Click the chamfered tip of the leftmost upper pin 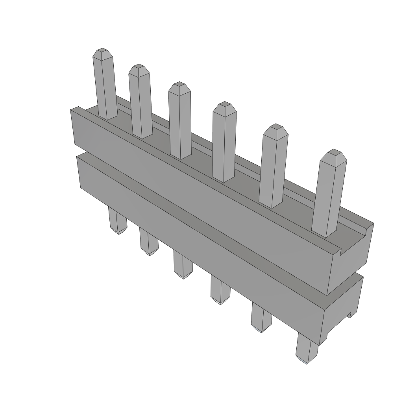pos(102,52)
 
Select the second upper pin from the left pos(140,102)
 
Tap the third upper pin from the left pos(180,122)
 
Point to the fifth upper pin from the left pos(273,167)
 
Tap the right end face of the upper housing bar pos(350,260)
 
